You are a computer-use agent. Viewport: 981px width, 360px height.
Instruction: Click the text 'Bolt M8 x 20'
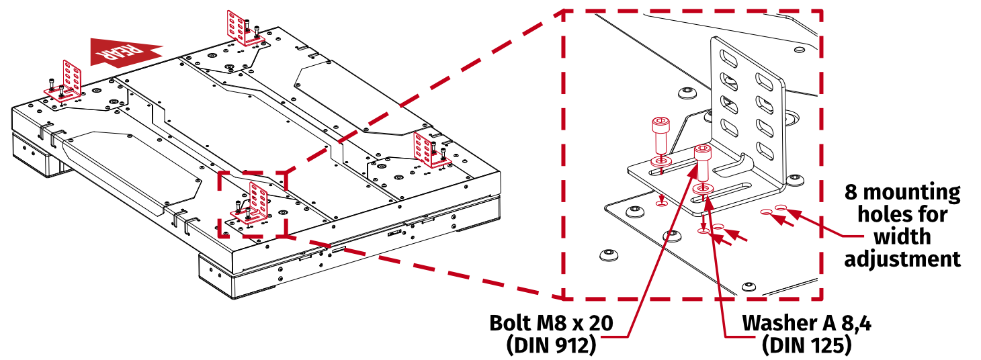coord(551,323)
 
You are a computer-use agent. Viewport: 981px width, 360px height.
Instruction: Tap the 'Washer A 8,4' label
coord(806,323)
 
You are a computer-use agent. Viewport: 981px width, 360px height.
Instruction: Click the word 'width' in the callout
coord(902,236)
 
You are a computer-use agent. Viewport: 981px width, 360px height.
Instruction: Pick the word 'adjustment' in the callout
coord(902,259)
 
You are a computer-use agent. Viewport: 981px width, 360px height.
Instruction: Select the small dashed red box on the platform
coord(253,204)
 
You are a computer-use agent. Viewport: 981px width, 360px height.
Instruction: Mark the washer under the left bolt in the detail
coord(660,162)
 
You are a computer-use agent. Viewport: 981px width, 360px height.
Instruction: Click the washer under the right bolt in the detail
coord(703,189)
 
